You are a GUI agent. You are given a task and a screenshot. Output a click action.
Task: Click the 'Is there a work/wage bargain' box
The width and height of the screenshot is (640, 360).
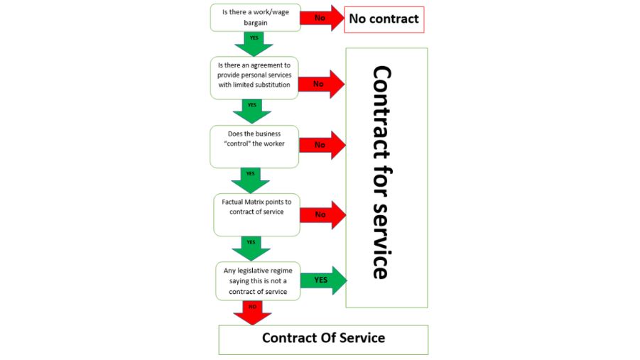coord(254,17)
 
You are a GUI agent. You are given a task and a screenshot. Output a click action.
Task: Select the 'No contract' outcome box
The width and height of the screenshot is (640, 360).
coord(384,18)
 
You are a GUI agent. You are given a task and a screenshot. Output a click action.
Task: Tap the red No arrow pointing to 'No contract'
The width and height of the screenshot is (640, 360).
coord(320,18)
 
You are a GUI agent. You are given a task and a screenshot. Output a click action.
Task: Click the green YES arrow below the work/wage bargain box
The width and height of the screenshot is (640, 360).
coord(254,42)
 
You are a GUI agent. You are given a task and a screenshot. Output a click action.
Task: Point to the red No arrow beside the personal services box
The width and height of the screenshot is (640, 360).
coord(320,84)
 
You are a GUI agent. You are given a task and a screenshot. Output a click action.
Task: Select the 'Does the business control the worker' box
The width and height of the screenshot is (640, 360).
coord(254,145)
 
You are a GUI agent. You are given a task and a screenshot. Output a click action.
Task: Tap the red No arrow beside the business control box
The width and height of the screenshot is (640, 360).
coord(321,144)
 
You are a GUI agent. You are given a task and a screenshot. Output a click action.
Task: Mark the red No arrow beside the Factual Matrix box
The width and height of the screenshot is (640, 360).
coord(322,214)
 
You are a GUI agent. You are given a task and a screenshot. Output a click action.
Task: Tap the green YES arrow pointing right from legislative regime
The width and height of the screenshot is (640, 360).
coord(322,280)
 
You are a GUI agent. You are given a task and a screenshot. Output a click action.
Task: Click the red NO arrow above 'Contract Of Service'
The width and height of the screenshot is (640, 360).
coord(252,310)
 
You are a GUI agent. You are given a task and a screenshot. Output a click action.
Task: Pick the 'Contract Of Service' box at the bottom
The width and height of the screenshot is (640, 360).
coord(323,339)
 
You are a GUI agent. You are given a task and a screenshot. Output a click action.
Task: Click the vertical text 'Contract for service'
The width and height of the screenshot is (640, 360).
coord(381,173)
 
